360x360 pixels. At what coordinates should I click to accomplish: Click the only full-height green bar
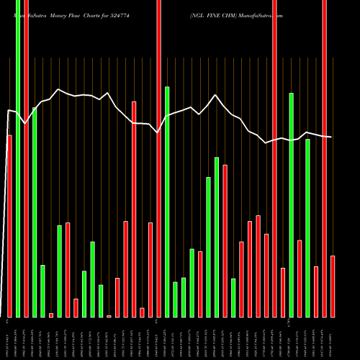tap(18, 158)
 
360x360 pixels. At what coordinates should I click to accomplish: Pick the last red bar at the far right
tap(333, 286)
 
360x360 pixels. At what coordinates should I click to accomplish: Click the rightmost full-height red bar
tap(324, 158)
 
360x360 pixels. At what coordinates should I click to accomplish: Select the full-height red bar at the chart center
tap(158, 158)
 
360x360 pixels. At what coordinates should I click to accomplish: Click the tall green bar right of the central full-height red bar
tap(167, 202)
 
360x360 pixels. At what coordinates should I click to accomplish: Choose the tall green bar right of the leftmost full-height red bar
tap(35, 212)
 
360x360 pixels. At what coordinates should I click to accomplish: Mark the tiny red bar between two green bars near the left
tap(51, 315)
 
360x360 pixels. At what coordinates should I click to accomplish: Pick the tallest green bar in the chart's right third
tap(291, 204)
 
